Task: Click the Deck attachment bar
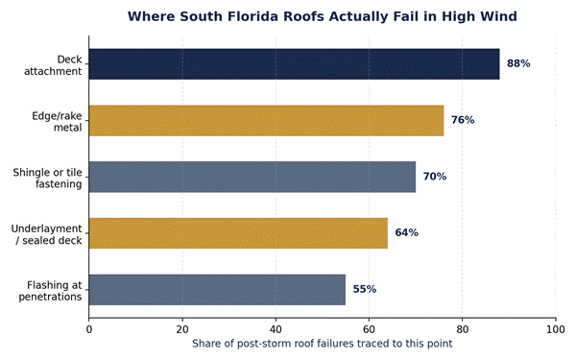pyautogui.click(x=295, y=64)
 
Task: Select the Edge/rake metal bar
pyautogui.click(x=266, y=121)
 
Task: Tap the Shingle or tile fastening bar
pyautogui.click(x=252, y=177)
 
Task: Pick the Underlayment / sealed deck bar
pyautogui.click(x=238, y=233)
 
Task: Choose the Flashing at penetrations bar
pyautogui.click(x=217, y=290)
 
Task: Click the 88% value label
pyautogui.click(x=518, y=63)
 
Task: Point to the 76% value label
pyautogui.click(x=463, y=120)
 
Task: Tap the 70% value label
pyautogui.click(x=435, y=177)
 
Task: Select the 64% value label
pyautogui.click(x=407, y=233)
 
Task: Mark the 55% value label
pyautogui.click(x=365, y=290)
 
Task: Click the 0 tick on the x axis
pyautogui.click(x=89, y=329)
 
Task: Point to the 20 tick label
pyautogui.click(x=182, y=329)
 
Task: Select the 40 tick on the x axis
pyautogui.click(x=276, y=329)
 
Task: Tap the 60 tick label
pyautogui.click(x=369, y=329)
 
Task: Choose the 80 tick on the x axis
pyautogui.click(x=462, y=329)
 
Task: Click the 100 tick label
pyautogui.click(x=556, y=329)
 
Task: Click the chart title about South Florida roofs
pyautogui.click(x=323, y=16)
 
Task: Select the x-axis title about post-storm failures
pyautogui.click(x=323, y=344)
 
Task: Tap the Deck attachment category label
pyautogui.click(x=53, y=65)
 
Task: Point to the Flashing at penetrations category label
pyautogui.click(x=50, y=291)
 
